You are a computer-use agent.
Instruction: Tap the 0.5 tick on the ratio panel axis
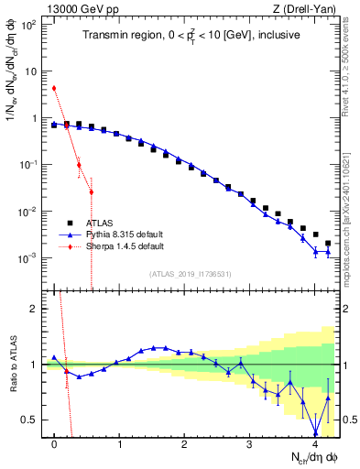click(x=34, y=420)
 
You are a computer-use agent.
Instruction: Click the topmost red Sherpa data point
click(x=54, y=88)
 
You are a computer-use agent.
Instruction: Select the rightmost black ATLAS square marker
click(x=328, y=244)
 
